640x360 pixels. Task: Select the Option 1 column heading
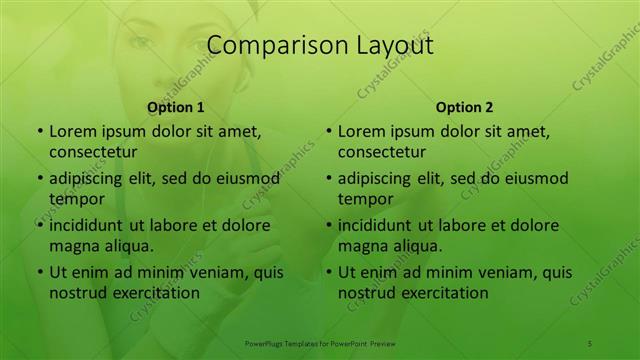(176, 107)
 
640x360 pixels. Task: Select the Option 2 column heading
(465, 107)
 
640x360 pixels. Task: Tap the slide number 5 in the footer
(590, 343)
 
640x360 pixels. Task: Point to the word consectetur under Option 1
(93, 152)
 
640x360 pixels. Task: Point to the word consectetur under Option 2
(382, 152)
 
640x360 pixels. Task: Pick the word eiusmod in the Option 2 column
(535, 178)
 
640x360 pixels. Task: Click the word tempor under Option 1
(73, 198)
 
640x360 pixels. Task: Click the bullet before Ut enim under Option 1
(39, 272)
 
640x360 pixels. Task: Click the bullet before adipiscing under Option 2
(328, 178)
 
